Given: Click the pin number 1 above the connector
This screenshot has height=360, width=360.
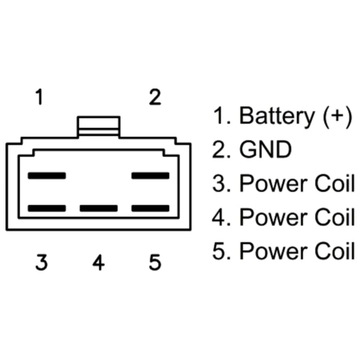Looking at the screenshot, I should [x=40, y=97].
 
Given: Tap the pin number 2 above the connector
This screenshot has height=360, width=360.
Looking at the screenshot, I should [x=155, y=97].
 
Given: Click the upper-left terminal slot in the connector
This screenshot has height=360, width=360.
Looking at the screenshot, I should [x=47, y=176].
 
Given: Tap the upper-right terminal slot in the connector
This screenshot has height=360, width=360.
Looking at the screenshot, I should [x=150, y=176].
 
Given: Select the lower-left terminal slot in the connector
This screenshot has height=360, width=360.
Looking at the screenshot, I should [x=47, y=208].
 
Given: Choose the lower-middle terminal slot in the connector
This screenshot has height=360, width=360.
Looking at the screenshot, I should [x=99, y=208].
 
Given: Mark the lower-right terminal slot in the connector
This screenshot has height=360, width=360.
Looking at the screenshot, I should [x=150, y=208].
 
